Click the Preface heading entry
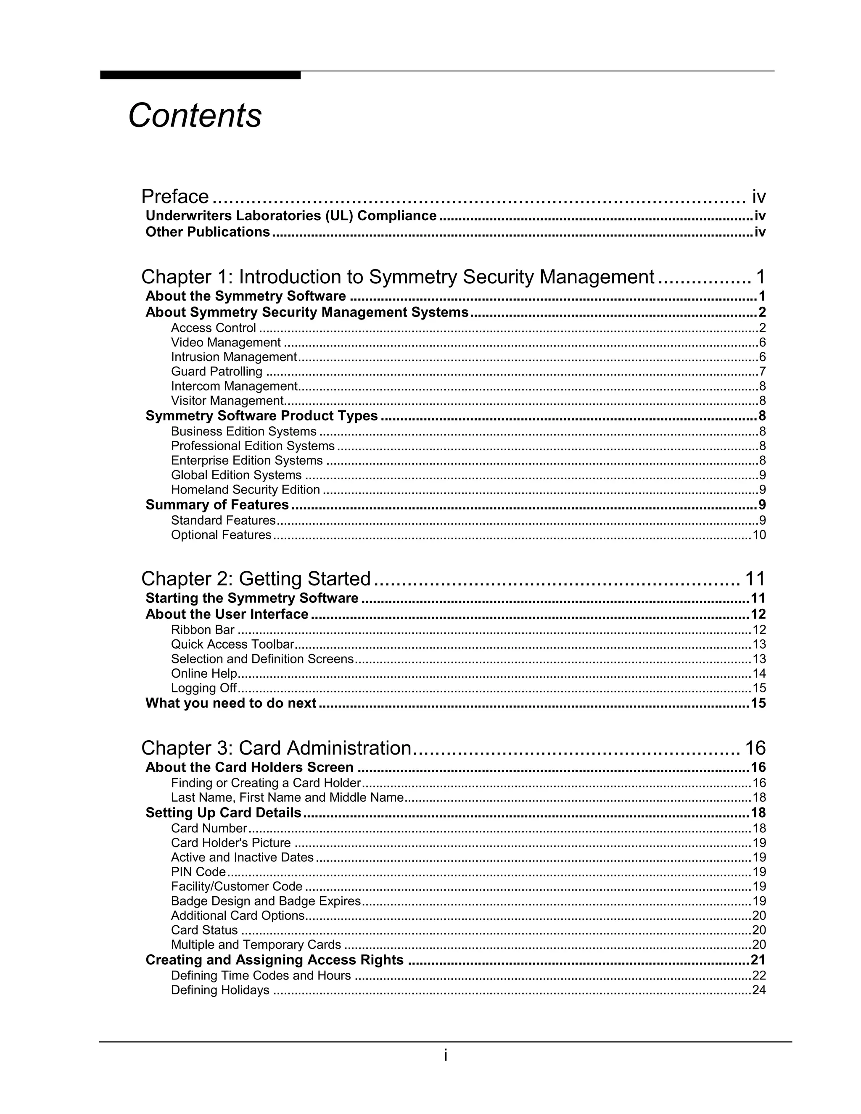[x=175, y=196]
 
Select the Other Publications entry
[x=208, y=232]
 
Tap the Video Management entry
[x=225, y=342]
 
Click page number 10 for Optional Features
[x=759, y=535]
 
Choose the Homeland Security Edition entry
[x=246, y=490]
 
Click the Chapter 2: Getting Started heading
[x=256, y=579]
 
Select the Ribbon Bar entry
[x=203, y=630]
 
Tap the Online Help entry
[x=204, y=673]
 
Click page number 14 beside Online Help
[x=759, y=673]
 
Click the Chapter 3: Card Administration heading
[x=276, y=748]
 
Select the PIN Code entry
[x=198, y=872]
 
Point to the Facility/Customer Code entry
[x=237, y=887]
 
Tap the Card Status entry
[x=204, y=930]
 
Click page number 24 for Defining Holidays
[x=759, y=990]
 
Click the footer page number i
[x=445, y=1055]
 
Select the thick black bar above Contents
[x=200, y=75]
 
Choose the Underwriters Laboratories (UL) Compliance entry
[x=291, y=216]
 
